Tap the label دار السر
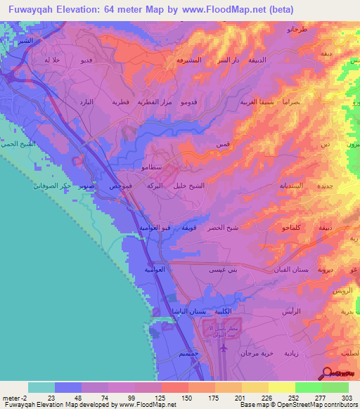tap(229, 60)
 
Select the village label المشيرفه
tap(188, 60)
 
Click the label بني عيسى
tap(221, 269)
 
